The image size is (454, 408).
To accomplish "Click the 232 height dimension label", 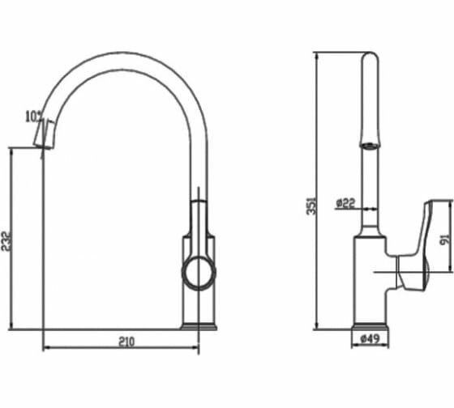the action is pyautogui.click(x=6, y=240).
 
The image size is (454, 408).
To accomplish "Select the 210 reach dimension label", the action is pyautogui.click(x=126, y=342).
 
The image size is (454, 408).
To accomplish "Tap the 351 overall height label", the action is pyautogui.click(x=311, y=206).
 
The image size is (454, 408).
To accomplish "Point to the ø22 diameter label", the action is pyautogui.click(x=345, y=203).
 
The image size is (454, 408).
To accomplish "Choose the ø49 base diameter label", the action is pyautogui.click(x=370, y=338).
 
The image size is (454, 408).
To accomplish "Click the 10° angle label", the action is pyautogui.click(x=34, y=117).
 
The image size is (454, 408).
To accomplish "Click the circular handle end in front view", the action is pyautogui.click(x=199, y=273).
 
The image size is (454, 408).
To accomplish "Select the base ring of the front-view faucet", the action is pyautogui.click(x=199, y=326).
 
